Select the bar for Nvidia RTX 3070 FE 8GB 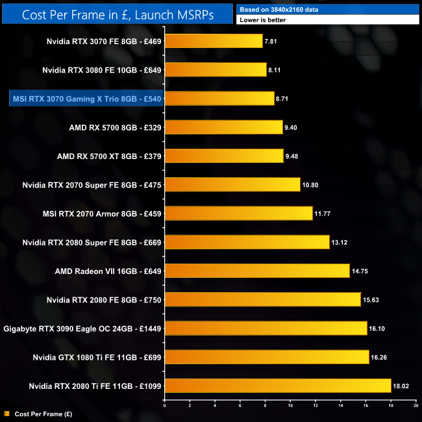(x=214, y=42)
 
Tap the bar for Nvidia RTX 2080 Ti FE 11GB (x=278, y=386)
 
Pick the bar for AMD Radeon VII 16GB (x=257, y=271)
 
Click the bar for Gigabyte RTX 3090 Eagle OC (x=266, y=329)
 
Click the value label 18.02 (x=401, y=386)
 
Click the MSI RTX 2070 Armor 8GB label (x=111, y=214)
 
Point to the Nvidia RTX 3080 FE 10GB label (x=101, y=70)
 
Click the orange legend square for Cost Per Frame (x=6, y=413)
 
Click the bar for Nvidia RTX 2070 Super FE (x=232, y=184)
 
